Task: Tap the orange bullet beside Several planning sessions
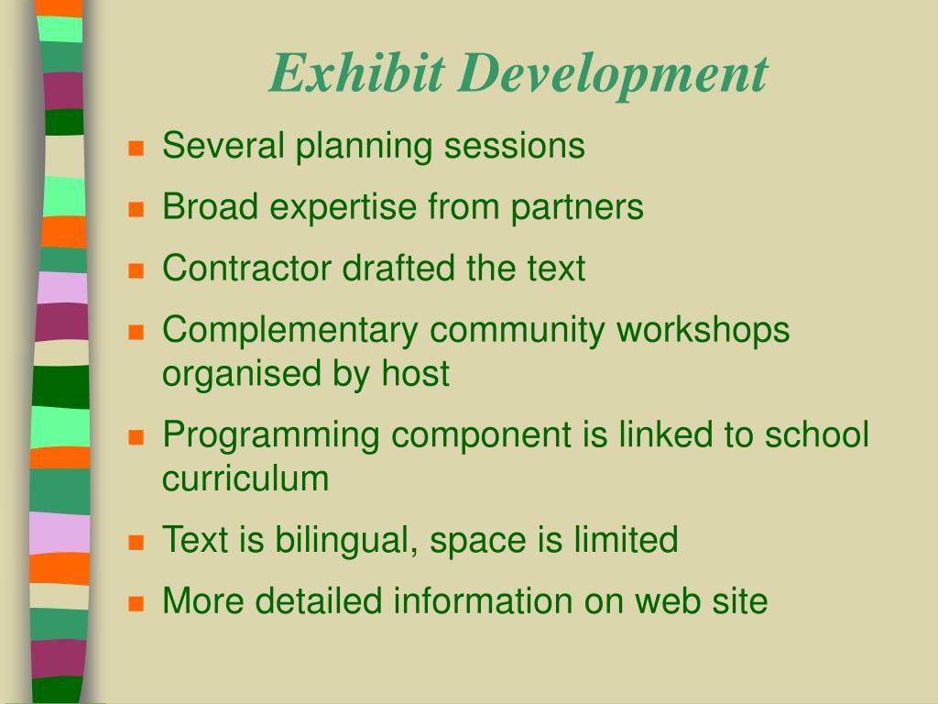click(x=136, y=148)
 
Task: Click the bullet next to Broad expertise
click(x=136, y=209)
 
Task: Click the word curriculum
click(x=245, y=478)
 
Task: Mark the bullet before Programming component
click(x=136, y=436)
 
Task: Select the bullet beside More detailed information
click(x=136, y=603)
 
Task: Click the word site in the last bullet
click(x=739, y=601)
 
